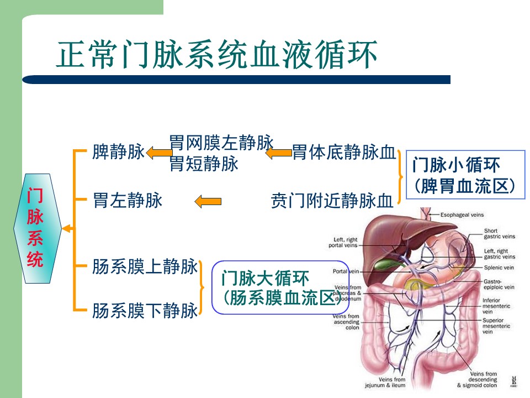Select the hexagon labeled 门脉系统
[36, 228]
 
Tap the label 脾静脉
[118, 152]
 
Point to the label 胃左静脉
[128, 200]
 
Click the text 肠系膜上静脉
[145, 268]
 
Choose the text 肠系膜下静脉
[145, 311]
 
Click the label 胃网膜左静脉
[221, 143]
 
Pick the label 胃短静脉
[204, 164]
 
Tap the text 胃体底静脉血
[344, 152]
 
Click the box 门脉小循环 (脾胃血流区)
[465, 174]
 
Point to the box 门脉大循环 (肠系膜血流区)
[280, 287]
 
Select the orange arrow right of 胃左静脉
[208, 201]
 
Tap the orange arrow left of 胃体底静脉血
[279, 152]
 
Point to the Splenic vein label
[499, 268]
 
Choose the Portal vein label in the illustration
[346, 271]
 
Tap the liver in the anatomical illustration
[386, 232]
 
